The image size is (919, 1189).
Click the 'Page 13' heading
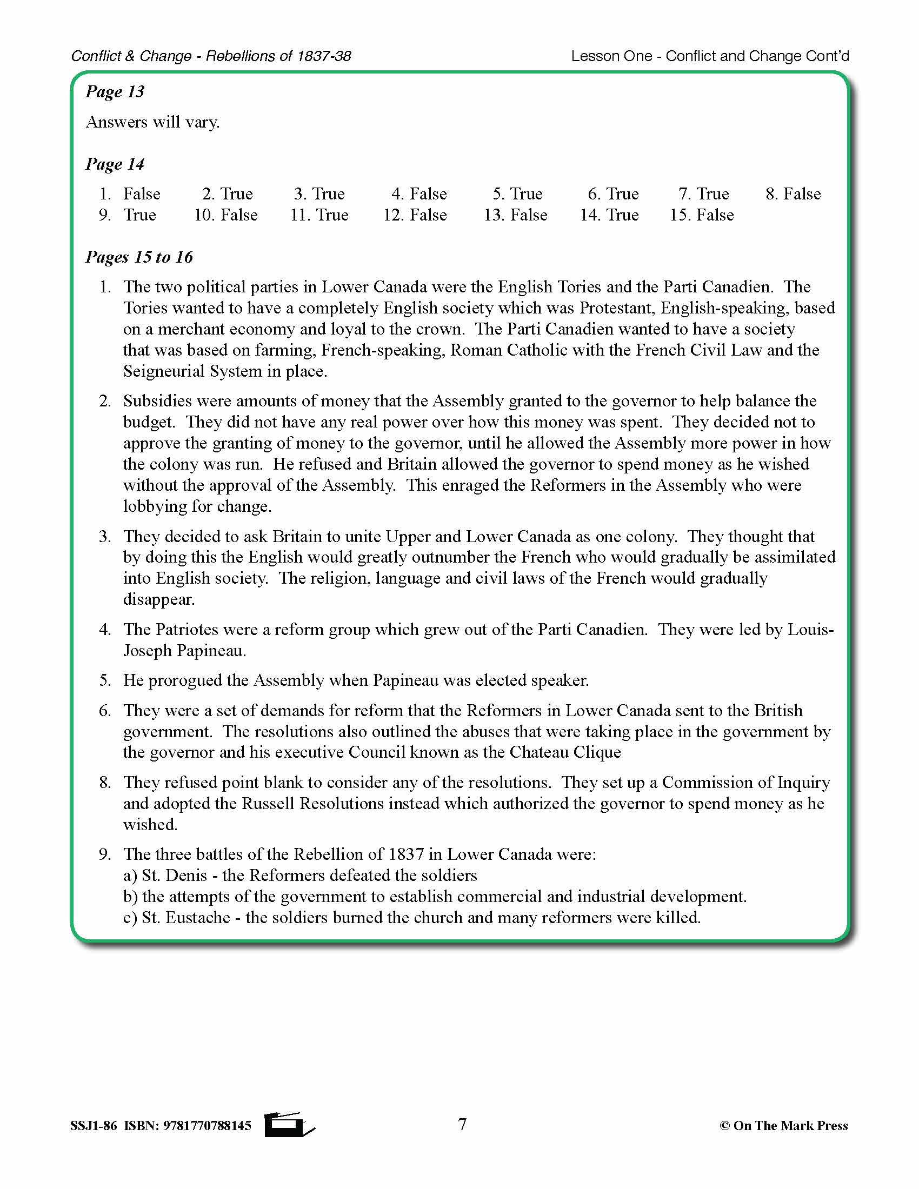click(115, 91)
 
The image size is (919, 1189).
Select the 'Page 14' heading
click(115, 164)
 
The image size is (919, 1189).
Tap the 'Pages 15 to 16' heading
click(139, 257)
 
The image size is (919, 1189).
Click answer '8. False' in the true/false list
click(793, 194)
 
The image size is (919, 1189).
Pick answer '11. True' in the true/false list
click(319, 215)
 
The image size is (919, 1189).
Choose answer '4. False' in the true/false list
click(418, 194)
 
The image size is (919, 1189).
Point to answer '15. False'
click(701, 215)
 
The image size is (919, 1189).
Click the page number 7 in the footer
click(462, 1124)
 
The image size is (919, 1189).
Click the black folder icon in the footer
click(288, 1125)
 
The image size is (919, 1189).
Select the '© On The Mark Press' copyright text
click(783, 1126)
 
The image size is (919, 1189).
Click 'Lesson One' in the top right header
click(611, 56)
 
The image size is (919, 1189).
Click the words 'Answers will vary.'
click(153, 122)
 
